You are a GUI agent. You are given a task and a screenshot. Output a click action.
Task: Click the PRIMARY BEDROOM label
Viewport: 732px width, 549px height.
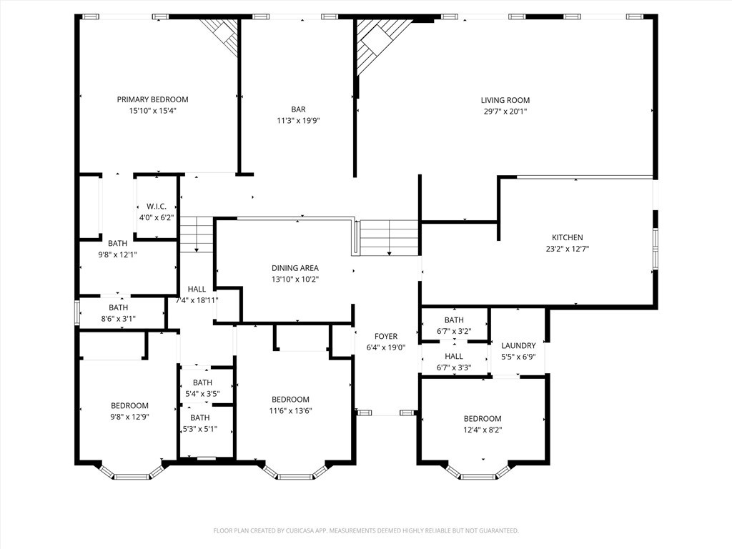(x=153, y=99)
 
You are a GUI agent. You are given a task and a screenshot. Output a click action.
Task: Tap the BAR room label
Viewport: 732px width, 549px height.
(x=298, y=109)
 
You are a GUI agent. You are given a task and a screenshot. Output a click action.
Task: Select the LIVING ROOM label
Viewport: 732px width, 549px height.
(x=505, y=100)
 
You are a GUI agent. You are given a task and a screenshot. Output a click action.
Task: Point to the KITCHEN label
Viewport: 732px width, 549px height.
(x=567, y=237)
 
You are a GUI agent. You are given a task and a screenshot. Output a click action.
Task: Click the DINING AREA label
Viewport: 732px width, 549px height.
(x=295, y=268)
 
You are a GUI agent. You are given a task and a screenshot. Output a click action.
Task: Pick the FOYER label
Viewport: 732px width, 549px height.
(x=386, y=336)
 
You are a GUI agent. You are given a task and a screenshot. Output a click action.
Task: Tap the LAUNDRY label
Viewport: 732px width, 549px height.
(x=518, y=345)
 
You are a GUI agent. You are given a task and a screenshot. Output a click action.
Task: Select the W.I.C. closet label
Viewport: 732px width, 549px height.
(x=157, y=207)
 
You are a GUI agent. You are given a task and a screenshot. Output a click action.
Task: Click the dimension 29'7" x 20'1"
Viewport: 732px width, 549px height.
(x=505, y=112)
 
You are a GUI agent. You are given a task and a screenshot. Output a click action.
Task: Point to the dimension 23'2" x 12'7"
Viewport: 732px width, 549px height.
(x=567, y=249)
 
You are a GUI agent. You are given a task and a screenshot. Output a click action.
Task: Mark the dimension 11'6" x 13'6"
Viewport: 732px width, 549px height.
(x=290, y=411)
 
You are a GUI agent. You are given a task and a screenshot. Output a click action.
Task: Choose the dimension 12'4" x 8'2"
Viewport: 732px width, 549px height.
(x=483, y=430)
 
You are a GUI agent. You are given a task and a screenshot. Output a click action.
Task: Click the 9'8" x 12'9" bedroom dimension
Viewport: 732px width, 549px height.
(x=129, y=417)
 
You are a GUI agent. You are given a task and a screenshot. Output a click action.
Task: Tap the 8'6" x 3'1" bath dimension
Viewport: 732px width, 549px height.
(x=118, y=319)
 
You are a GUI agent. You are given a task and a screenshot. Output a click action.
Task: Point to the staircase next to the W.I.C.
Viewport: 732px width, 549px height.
(x=197, y=234)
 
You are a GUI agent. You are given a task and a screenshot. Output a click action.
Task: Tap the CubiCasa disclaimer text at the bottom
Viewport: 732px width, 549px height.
(x=366, y=531)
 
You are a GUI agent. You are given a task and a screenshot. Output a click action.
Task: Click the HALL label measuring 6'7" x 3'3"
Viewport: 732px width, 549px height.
(x=454, y=356)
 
